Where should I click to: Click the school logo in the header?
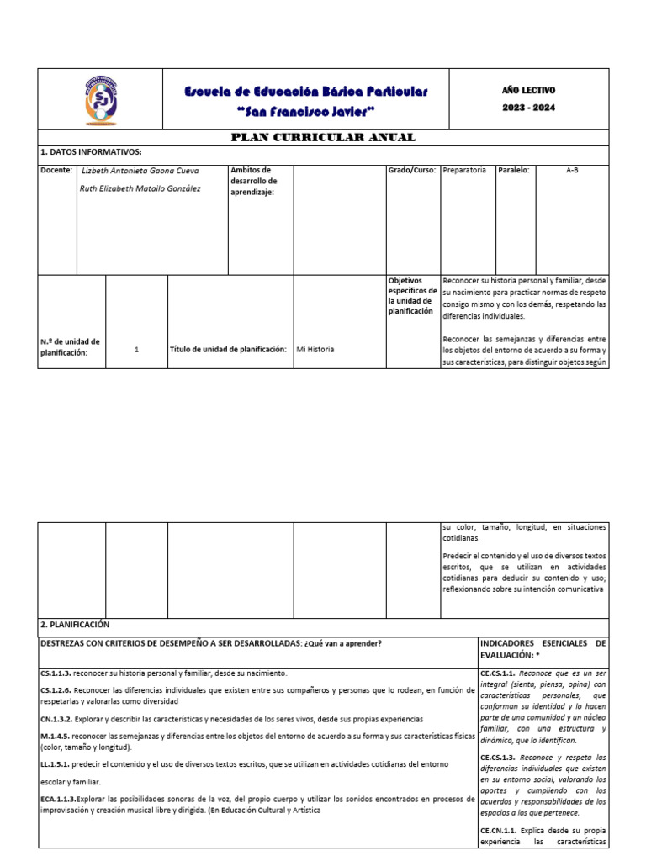(101, 99)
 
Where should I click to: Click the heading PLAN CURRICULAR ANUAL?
(323, 137)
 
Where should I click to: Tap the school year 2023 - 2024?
(528, 108)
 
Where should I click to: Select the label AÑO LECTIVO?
(528, 90)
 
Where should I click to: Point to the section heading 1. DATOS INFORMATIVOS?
(91, 152)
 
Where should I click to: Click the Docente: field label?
(56, 170)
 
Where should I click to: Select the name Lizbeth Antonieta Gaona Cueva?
(140, 171)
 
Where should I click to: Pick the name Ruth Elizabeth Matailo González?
(140, 189)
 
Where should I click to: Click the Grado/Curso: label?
(412, 170)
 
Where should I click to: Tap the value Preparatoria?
(463, 170)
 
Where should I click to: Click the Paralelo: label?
(513, 170)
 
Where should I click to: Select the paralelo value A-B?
(572, 170)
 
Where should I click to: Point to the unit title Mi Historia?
(315, 349)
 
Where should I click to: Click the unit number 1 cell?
(136, 349)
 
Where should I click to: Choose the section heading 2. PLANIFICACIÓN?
(75, 625)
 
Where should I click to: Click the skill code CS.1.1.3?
(56, 673)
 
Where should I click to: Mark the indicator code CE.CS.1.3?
(499, 758)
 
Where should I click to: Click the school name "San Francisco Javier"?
(306, 112)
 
